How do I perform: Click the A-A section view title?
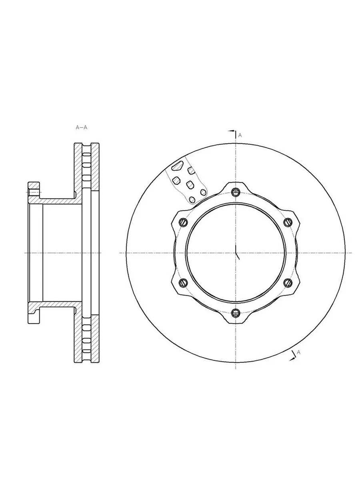(81, 127)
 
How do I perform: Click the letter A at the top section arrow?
(240, 135)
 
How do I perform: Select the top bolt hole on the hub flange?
(236, 192)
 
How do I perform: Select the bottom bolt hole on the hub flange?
(236, 313)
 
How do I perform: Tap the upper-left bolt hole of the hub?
(183, 222)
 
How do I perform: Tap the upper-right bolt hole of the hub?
(288, 222)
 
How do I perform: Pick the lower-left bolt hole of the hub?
(183, 283)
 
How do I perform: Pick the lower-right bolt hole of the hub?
(288, 283)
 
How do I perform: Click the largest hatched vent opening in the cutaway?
(177, 166)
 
